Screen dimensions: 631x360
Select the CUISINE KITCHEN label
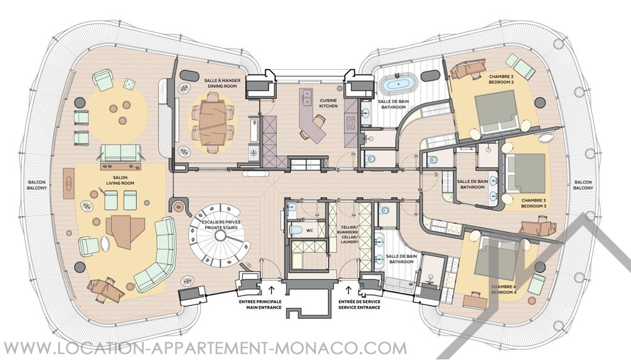[328, 103]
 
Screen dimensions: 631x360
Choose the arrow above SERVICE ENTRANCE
[348, 289]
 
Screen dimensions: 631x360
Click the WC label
[310, 231]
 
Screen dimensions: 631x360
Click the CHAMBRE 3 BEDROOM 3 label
[534, 203]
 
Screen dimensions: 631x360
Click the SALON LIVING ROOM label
[121, 180]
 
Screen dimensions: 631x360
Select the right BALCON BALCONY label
[583, 185]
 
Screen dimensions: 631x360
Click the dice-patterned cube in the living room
[129, 84]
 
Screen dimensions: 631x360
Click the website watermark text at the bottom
[204, 348]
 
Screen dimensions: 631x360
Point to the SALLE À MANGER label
[222, 81]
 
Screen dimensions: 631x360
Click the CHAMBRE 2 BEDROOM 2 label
[502, 79]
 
